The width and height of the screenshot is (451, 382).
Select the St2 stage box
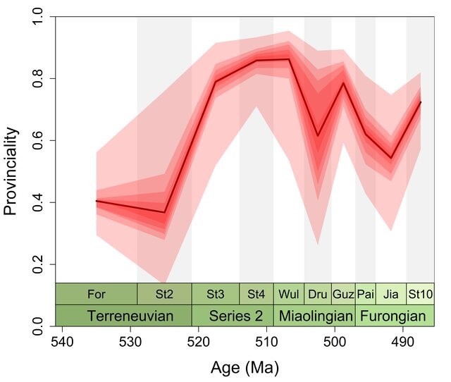coord(164,294)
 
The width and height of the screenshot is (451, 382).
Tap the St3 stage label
coord(216,294)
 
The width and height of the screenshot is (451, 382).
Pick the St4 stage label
coord(257,294)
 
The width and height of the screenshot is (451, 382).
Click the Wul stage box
coord(289,294)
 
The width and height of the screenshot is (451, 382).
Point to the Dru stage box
coord(318,294)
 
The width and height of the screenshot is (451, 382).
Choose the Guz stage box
coord(343,294)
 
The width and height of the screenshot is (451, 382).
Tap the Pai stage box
coord(365,294)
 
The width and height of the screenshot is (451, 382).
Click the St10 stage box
coord(420,294)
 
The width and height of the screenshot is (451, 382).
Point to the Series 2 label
coord(232,316)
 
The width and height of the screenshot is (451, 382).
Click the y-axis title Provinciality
coord(11,171)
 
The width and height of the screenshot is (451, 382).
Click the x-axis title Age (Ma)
coord(245,368)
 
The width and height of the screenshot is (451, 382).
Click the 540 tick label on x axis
coord(62,341)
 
